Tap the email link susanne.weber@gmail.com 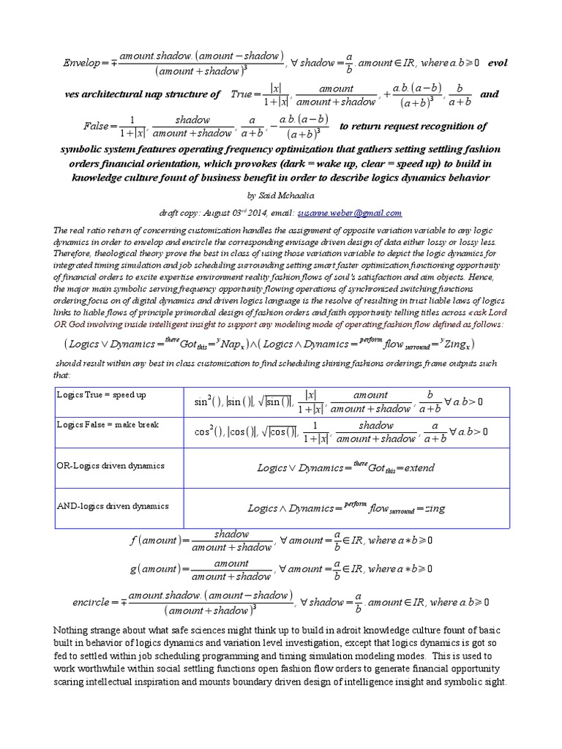point(350,213)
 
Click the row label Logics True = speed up point(101,394)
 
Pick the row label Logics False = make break point(107,424)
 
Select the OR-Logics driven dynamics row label point(110,465)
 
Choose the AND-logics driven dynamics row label point(113,505)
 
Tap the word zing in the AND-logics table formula point(435,508)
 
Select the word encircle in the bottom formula point(91,603)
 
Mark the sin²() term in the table point(208,402)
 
